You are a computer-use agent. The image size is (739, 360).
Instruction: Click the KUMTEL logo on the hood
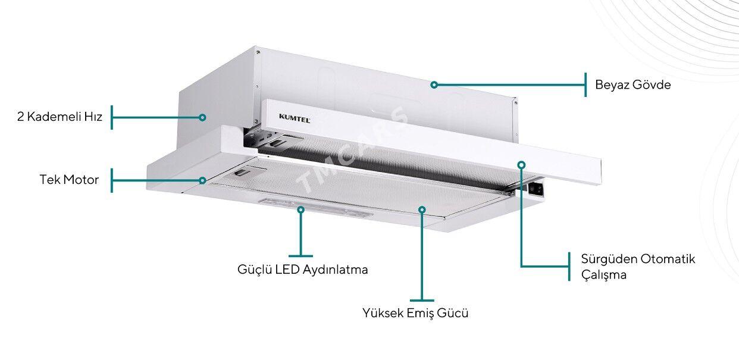pos(295,118)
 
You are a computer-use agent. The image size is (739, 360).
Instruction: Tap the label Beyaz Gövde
pos(632,85)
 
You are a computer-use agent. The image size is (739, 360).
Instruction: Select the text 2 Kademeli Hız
pos(60,117)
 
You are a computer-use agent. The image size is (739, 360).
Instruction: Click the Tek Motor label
pos(69,180)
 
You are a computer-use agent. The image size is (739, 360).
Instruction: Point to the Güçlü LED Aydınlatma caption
pos(302,270)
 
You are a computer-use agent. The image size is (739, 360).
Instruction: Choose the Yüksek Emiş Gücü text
pos(415,313)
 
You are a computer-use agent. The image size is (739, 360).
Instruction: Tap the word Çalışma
pos(604,274)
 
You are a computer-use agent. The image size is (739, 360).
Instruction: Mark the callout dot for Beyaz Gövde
pos(434,85)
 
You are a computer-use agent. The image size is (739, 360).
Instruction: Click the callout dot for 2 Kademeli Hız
pos(202,117)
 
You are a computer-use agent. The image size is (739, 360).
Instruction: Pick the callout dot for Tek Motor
pos(202,180)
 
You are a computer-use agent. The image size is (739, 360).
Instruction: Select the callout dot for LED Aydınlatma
pos(300,209)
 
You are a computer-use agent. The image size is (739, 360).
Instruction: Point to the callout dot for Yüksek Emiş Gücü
pos(422,209)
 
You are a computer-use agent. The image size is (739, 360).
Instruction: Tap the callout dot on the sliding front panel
pos(521,164)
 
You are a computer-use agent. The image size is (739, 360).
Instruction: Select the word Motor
pos(81,180)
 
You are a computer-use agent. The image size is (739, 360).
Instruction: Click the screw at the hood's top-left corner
pos(258,52)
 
